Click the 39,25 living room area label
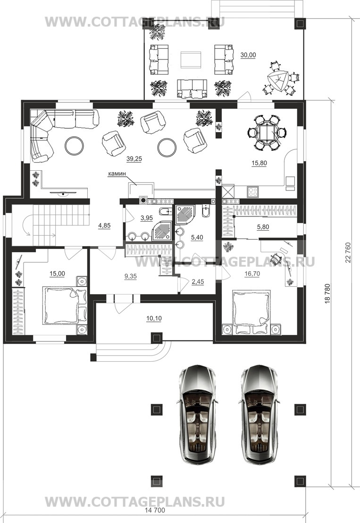pyautogui.click(x=134, y=159)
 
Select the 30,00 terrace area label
pyautogui.click(x=248, y=55)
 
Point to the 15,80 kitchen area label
pyautogui.click(x=259, y=163)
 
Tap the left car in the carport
pyautogui.click(x=197, y=414)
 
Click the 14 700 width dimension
pyautogui.click(x=155, y=510)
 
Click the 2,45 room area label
pyautogui.click(x=198, y=282)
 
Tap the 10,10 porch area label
pyautogui.click(x=154, y=318)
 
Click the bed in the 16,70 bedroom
pyautogui.click(x=251, y=308)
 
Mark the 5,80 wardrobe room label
pyautogui.click(x=263, y=227)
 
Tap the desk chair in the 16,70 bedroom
pyautogui.click(x=276, y=257)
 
